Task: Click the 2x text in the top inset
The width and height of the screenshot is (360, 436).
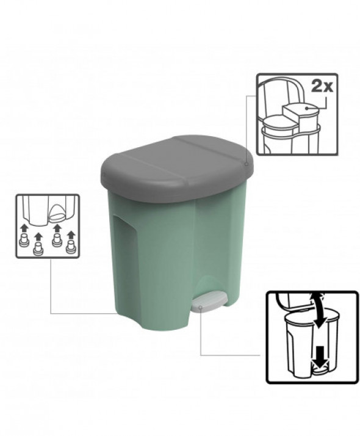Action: click(x=322, y=86)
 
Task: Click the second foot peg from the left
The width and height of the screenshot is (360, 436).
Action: click(x=39, y=248)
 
